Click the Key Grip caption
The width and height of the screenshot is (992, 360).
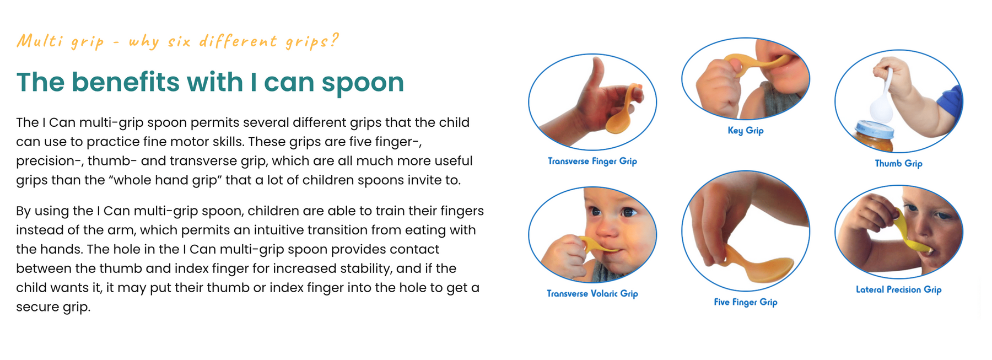(745, 131)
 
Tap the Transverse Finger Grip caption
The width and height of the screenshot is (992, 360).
(592, 161)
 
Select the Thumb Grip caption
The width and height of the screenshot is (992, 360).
(898, 163)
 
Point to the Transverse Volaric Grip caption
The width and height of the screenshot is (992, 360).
(592, 293)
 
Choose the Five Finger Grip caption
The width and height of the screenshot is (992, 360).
(746, 302)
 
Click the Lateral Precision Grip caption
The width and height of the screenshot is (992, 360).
(898, 289)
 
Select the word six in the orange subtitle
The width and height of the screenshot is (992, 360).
(179, 41)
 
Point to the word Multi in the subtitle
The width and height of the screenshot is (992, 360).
(39, 40)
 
